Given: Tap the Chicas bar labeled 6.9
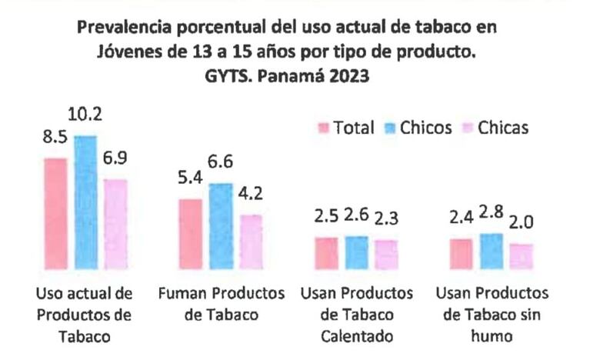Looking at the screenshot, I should point(115,224).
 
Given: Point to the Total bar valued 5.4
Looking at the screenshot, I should point(191,234).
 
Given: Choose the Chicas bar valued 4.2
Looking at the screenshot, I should point(251,242).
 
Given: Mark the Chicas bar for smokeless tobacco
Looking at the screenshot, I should point(521,256).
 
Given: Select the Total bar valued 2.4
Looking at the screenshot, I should point(461,254).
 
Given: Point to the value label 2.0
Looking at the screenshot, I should point(521,224).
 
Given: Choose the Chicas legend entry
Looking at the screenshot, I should point(503,128).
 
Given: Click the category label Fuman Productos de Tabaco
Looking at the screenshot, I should point(221,304).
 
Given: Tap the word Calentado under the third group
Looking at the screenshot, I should point(357,336).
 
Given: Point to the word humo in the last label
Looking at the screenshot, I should point(492,336).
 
